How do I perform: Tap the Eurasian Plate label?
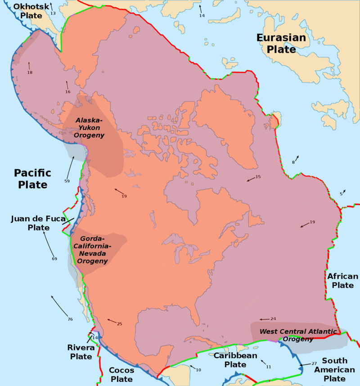point(281,43)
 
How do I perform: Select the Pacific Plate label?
point(32,179)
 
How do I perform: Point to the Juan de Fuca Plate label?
point(32,223)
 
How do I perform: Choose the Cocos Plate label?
point(121,375)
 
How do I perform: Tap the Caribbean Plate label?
point(235,360)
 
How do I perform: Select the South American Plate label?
point(335,369)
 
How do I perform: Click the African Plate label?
point(343,281)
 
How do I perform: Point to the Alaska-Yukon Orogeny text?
point(90,128)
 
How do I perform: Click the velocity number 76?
point(70,319)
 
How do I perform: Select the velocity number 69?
point(54,259)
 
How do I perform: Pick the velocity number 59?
point(67,181)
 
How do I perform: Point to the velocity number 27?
point(314,363)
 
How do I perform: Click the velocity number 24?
point(273,319)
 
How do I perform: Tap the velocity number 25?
point(119,324)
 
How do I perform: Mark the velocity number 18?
point(30,73)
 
